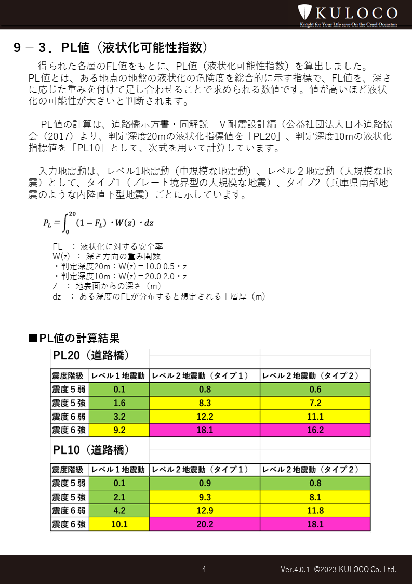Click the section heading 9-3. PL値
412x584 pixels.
(x=111, y=48)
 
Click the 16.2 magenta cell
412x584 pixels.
(x=315, y=430)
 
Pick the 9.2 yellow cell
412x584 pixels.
(x=119, y=430)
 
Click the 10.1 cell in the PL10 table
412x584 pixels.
(x=119, y=524)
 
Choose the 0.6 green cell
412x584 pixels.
(x=315, y=390)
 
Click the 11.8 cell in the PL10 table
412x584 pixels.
(x=315, y=511)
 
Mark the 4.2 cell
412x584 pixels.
(x=119, y=511)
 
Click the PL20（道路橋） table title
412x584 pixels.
(x=91, y=356)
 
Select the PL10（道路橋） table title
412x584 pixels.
(x=91, y=449)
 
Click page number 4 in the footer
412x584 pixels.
(x=204, y=569)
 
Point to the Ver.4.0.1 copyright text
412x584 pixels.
(x=338, y=569)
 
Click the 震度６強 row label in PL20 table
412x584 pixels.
(x=69, y=430)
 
